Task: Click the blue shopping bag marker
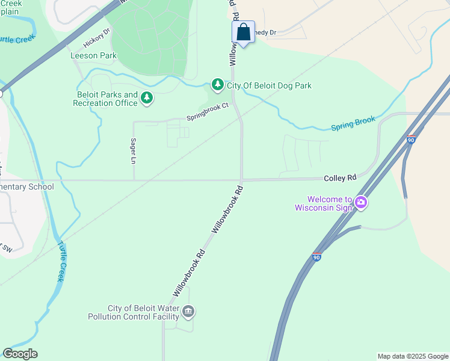tap(244, 32)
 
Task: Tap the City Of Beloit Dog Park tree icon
tap(217, 85)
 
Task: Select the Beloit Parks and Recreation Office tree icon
tap(146, 98)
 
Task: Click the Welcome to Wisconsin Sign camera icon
tap(361, 203)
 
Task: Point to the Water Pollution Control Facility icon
tap(188, 312)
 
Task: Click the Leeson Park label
tap(93, 55)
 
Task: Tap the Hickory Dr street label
tap(97, 40)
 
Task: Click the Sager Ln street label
tap(134, 151)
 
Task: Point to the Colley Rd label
tap(340, 178)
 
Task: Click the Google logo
tap(20, 354)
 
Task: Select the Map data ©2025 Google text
tap(412, 356)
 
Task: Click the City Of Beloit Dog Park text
tap(269, 85)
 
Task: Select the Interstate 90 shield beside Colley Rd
tap(411, 140)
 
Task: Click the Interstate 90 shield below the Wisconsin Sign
tap(316, 257)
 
